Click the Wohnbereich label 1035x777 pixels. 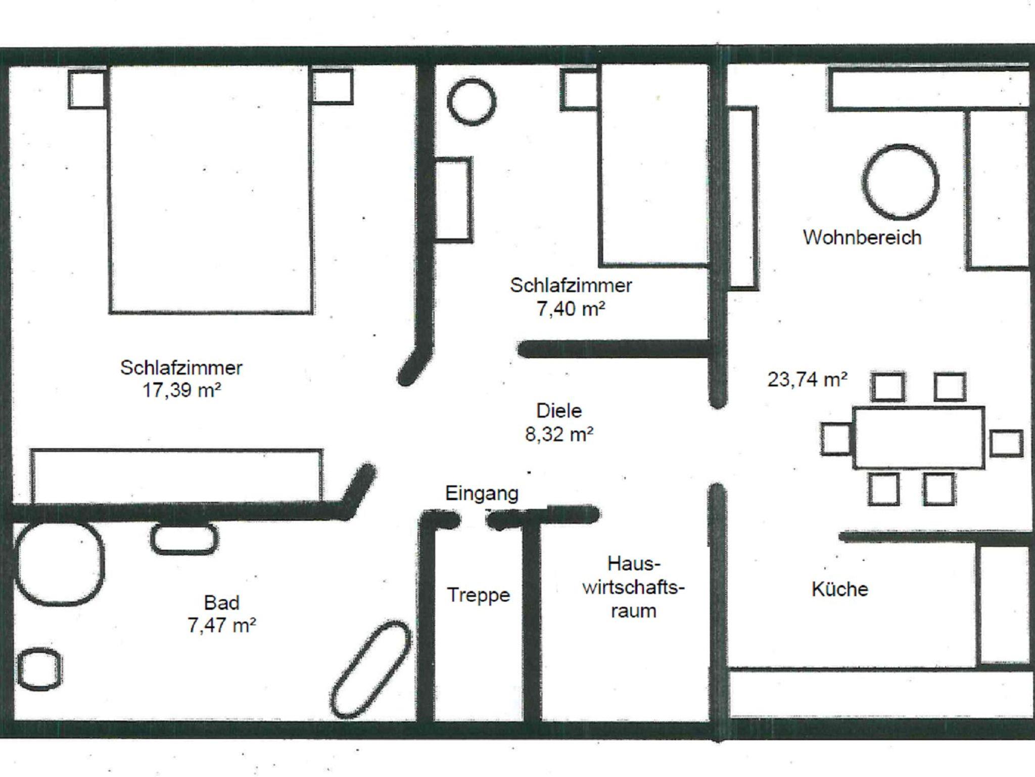862,237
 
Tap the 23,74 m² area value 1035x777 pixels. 807,379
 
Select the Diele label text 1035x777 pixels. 559,411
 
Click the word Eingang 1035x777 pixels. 482,494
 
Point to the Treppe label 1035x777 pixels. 478,595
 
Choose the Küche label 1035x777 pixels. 840,589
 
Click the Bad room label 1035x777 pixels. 221,603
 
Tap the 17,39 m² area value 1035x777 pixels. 182,391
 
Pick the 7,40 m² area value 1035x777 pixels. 571,309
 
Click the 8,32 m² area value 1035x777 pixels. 559,434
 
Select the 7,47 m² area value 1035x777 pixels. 222,626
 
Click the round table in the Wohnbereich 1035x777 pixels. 900,182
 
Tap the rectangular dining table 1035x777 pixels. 919,438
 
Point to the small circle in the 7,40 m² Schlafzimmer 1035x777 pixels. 472,101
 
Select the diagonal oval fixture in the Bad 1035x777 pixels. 371,669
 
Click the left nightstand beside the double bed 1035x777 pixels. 87,89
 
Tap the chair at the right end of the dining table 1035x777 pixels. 1006,443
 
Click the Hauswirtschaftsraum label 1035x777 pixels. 633,587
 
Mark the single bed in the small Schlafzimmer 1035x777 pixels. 653,167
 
